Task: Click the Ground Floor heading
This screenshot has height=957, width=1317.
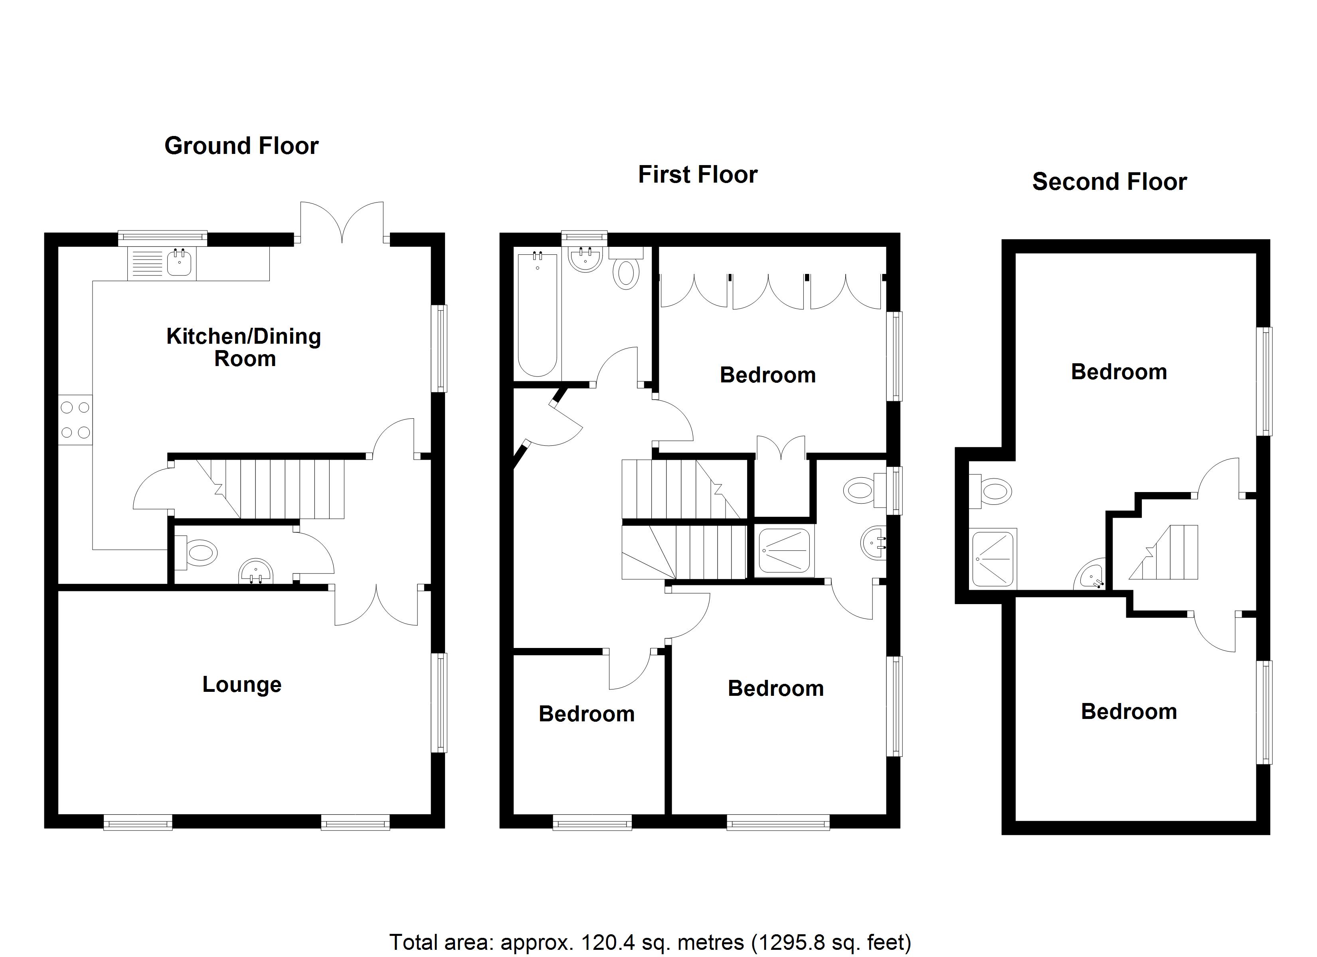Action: point(241,146)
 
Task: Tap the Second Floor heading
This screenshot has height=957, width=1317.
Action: point(1109,182)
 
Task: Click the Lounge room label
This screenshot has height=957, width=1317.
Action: point(241,684)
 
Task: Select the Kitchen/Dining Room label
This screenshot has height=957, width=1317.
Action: point(244,347)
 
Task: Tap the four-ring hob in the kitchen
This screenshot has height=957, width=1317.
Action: point(75,419)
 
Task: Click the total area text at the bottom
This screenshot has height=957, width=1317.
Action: point(650,942)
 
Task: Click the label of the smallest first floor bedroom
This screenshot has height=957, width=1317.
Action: point(587,714)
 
